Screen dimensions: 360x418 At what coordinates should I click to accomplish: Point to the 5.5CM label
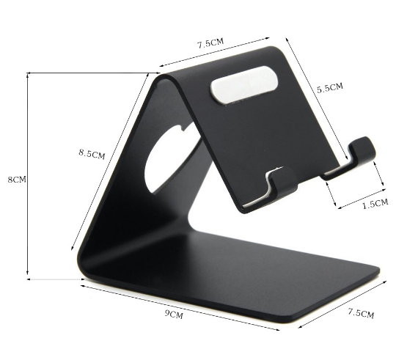tap(329, 88)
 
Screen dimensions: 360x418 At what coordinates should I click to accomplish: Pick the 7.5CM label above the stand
tap(210, 43)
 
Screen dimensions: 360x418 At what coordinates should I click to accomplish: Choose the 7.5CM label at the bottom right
tap(360, 314)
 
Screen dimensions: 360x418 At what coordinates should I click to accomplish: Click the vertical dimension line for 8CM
tap(28, 176)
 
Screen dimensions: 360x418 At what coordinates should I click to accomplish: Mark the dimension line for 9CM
tap(176, 305)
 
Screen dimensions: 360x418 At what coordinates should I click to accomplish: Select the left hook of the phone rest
tap(277, 183)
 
